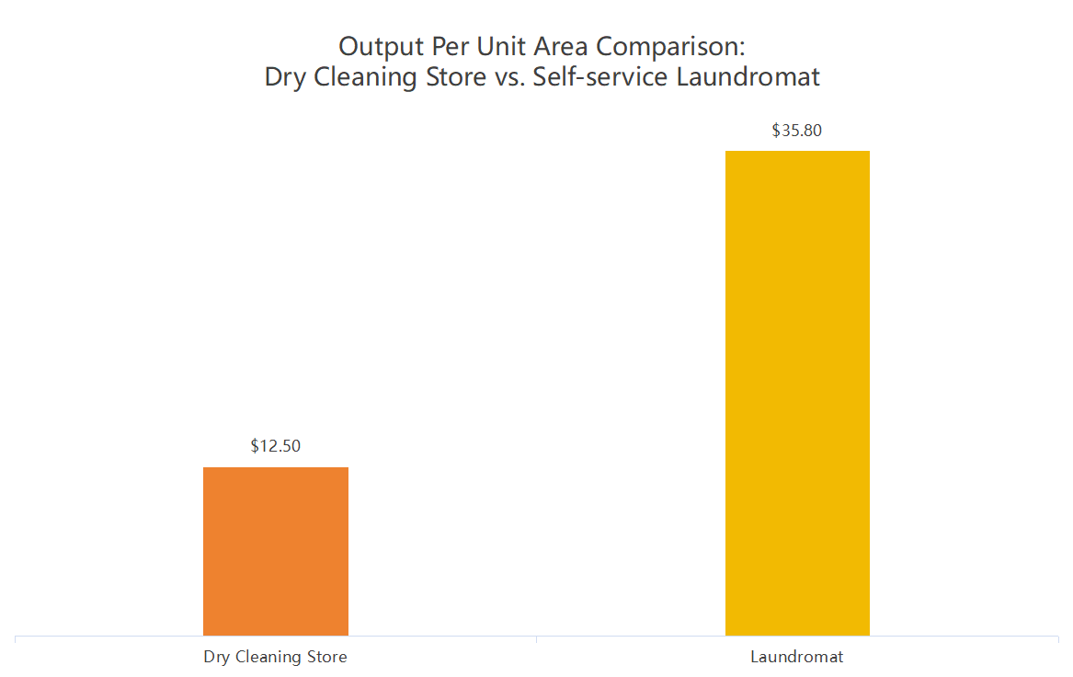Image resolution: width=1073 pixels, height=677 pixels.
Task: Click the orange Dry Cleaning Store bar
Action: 276,551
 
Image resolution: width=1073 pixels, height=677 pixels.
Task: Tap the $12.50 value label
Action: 276,446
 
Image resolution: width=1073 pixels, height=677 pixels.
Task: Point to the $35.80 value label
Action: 797,131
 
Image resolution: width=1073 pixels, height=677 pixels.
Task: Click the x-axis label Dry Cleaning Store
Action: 276,658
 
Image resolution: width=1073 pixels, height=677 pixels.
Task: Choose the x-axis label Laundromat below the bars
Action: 797,658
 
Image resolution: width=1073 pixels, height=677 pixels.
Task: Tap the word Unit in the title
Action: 500,46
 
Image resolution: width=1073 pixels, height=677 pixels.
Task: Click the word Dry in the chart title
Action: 286,76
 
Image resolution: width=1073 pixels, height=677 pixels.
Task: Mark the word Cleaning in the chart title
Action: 360,76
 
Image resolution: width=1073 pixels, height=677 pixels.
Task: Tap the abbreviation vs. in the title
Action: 507,76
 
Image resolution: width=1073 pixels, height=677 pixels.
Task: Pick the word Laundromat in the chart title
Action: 748,76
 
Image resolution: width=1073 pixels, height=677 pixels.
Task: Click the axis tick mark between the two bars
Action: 536,638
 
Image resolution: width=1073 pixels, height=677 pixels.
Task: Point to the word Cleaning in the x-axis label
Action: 270,658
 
